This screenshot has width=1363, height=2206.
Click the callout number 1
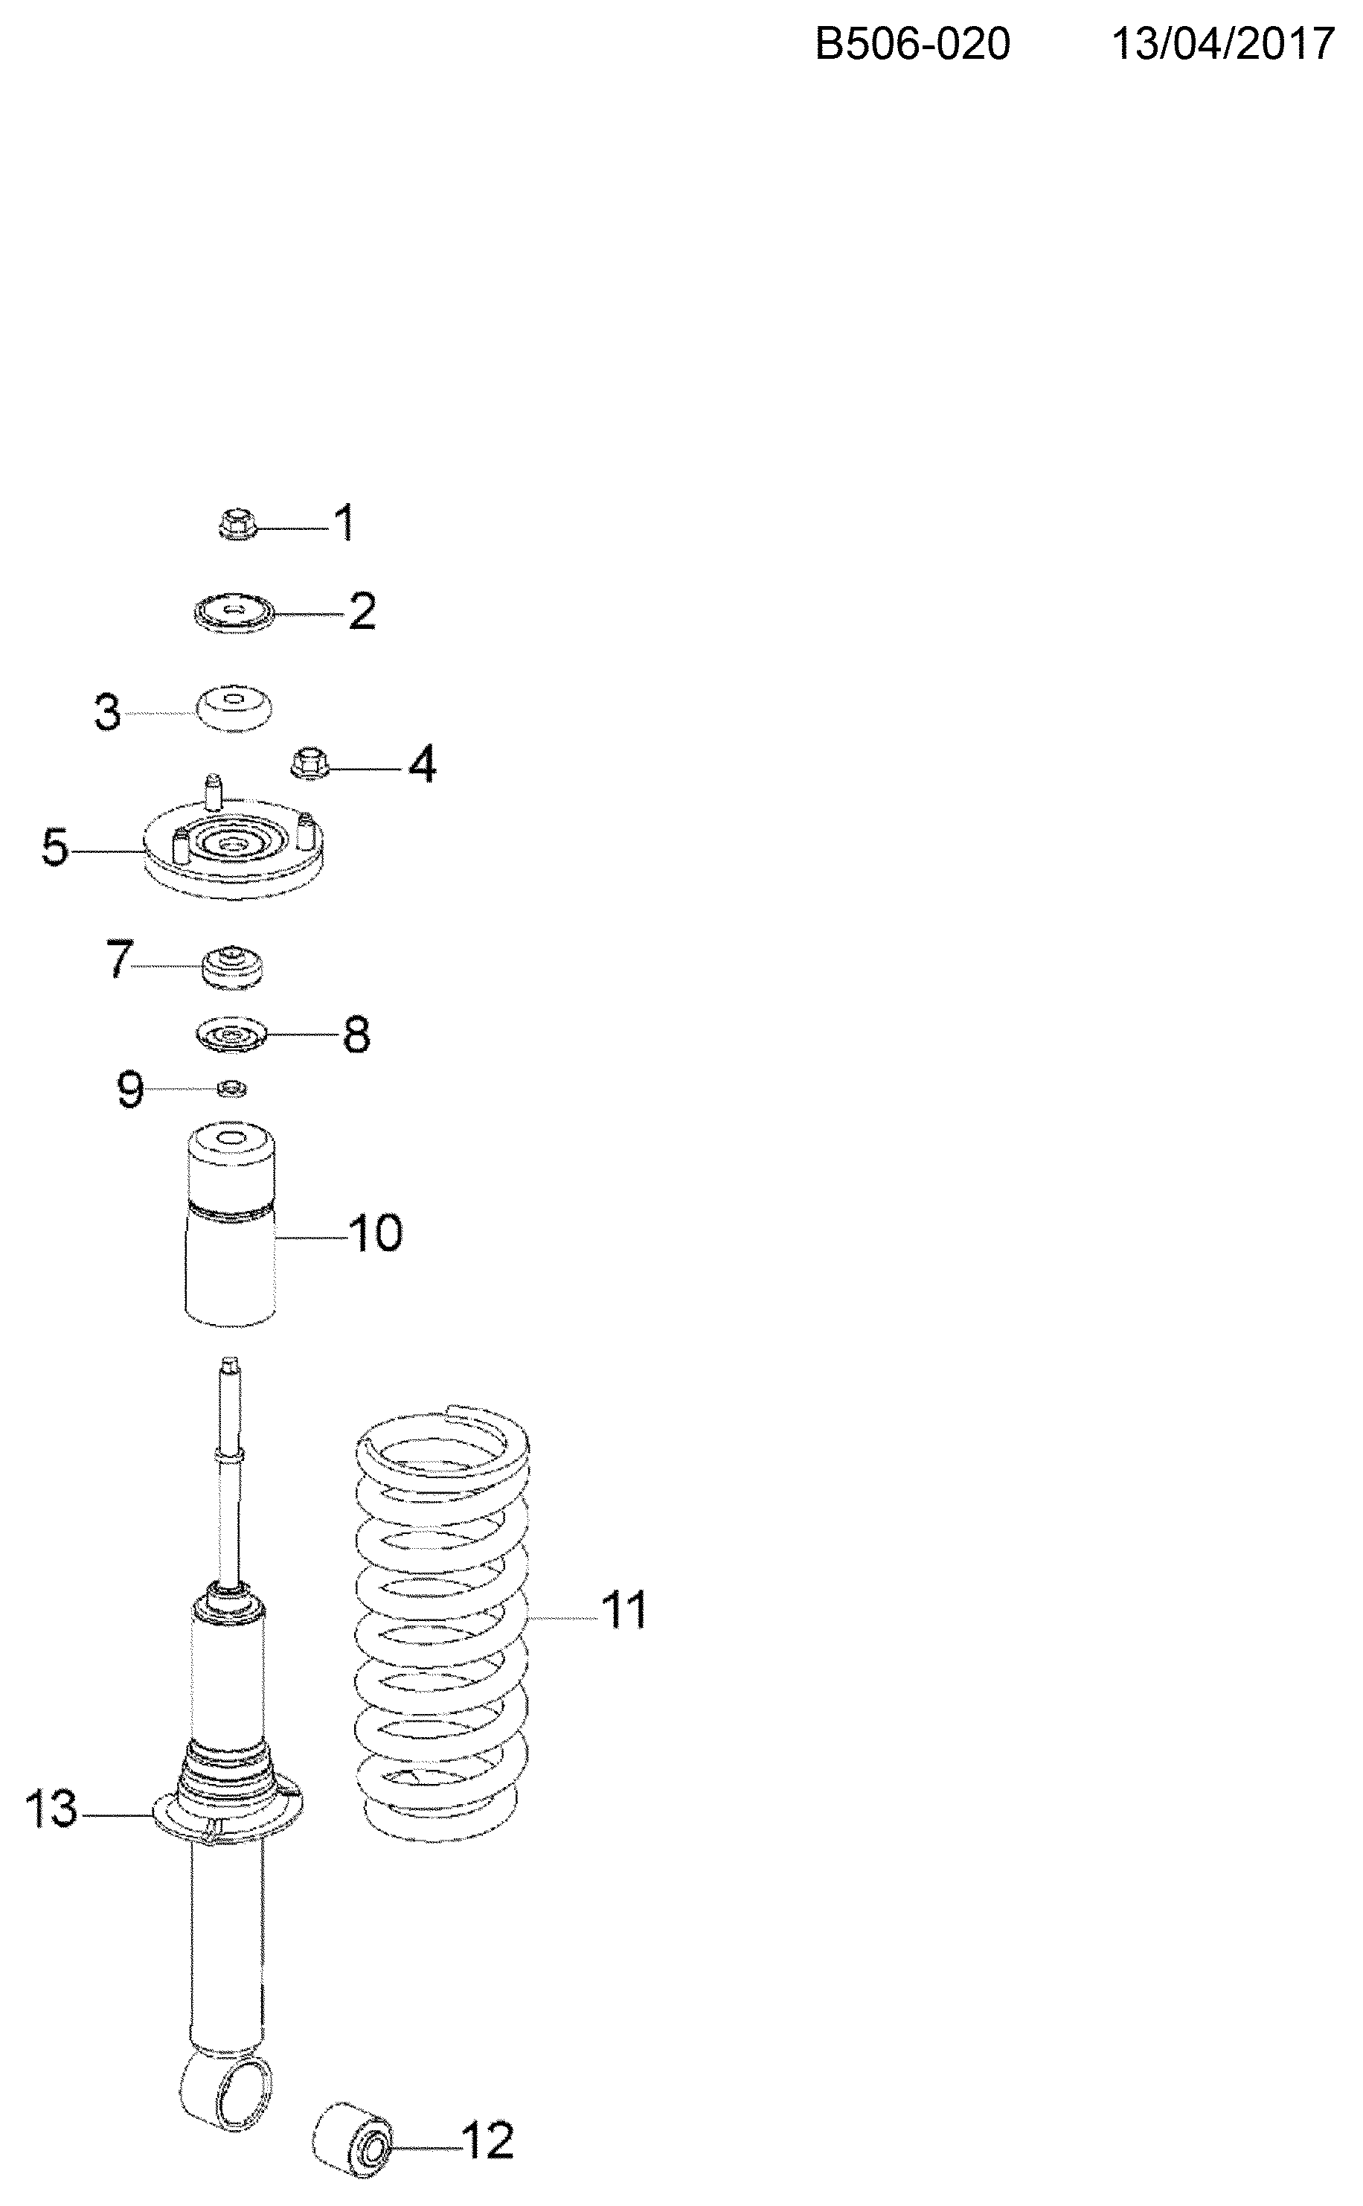tap(345, 523)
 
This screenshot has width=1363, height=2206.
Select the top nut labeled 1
tap(238, 524)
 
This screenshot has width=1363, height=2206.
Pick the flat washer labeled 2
tap(234, 613)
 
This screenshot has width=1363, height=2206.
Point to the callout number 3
tap(107, 712)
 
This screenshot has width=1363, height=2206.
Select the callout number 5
tap(55, 849)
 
